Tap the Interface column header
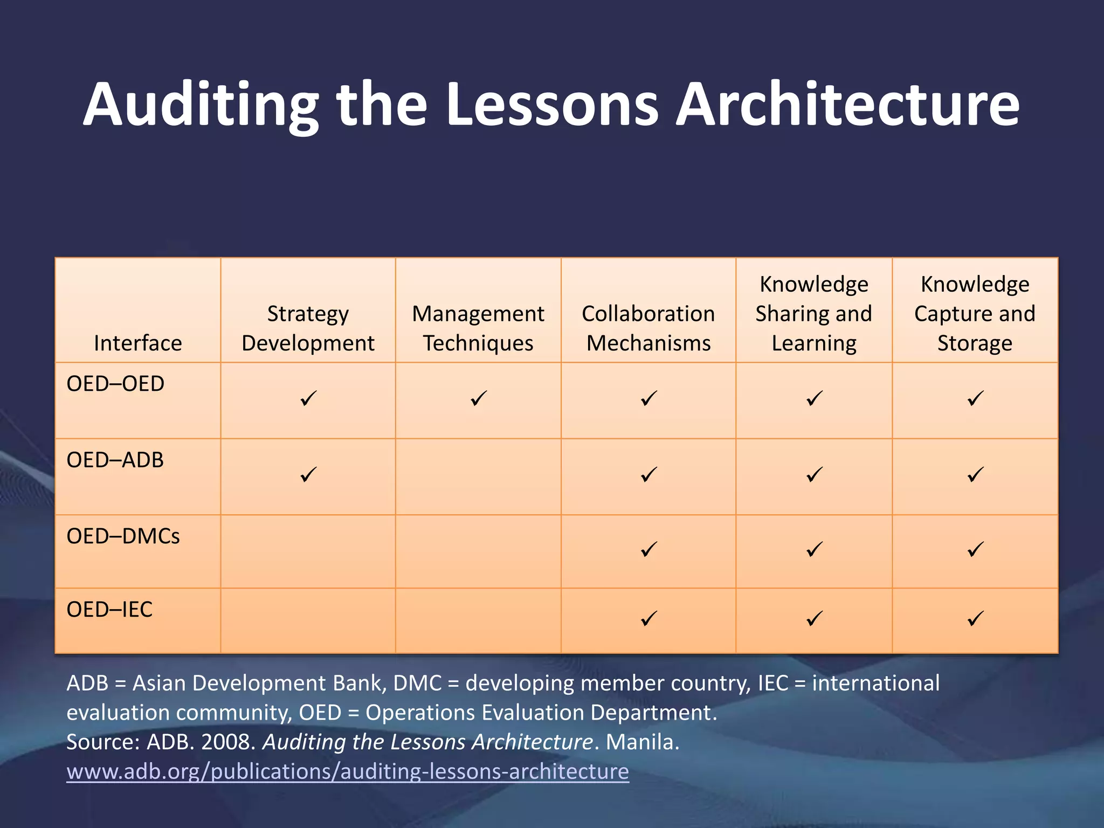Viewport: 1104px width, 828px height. point(138,343)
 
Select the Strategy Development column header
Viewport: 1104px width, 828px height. point(308,328)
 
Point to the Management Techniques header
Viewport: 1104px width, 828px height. point(478,328)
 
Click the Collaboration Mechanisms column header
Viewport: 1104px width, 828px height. point(648,328)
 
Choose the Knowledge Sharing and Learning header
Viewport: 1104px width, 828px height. point(814,314)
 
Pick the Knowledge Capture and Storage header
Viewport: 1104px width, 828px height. point(975,314)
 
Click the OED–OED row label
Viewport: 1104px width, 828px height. point(115,384)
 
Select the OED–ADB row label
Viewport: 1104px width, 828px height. point(115,460)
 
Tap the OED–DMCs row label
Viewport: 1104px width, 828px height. point(123,536)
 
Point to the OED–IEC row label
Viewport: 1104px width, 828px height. point(109,610)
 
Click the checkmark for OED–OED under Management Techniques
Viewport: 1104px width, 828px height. point(478,399)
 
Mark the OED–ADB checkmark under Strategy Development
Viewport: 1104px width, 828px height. point(308,475)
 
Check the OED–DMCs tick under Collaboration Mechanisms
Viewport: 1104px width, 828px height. point(648,550)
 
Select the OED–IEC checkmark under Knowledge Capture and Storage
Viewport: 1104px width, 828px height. point(975,618)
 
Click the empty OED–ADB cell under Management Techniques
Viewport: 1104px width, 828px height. point(478,477)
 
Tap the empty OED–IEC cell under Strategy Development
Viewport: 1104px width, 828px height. point(308,620)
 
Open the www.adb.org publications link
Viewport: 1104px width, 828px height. point(348,771)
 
